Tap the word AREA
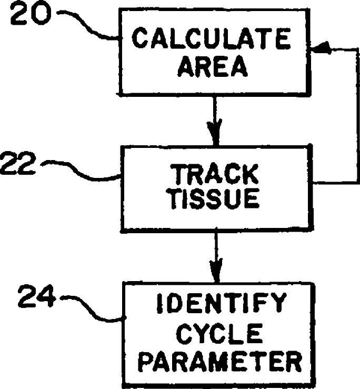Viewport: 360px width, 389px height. point(212,67)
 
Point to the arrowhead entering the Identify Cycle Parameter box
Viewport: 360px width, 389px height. point(215,273)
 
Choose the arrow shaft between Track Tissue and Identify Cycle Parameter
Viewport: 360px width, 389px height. point(215,250)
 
